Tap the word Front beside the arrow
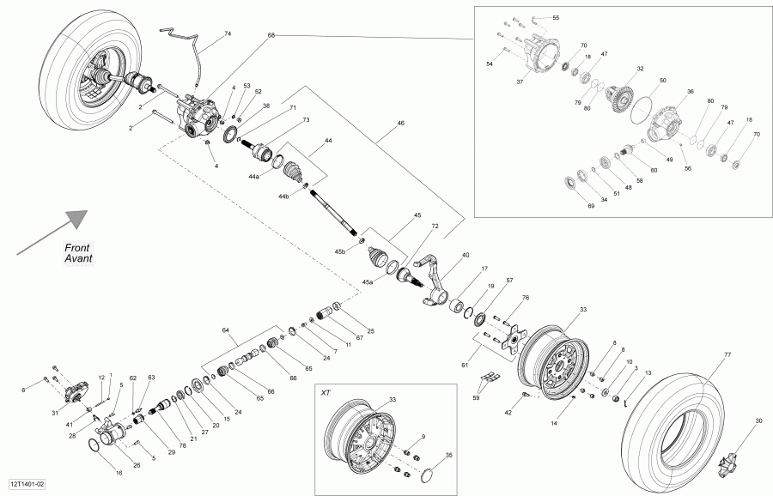(78, 247)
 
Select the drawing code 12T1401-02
(28, 485)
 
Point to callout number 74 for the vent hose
(228, 33)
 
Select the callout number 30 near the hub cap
(758, 420)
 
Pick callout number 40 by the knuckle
(466, 255)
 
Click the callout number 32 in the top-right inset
(640, 69)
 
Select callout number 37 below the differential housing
(520, 82)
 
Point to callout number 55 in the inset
(555, 17)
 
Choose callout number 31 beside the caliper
(53, 414)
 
